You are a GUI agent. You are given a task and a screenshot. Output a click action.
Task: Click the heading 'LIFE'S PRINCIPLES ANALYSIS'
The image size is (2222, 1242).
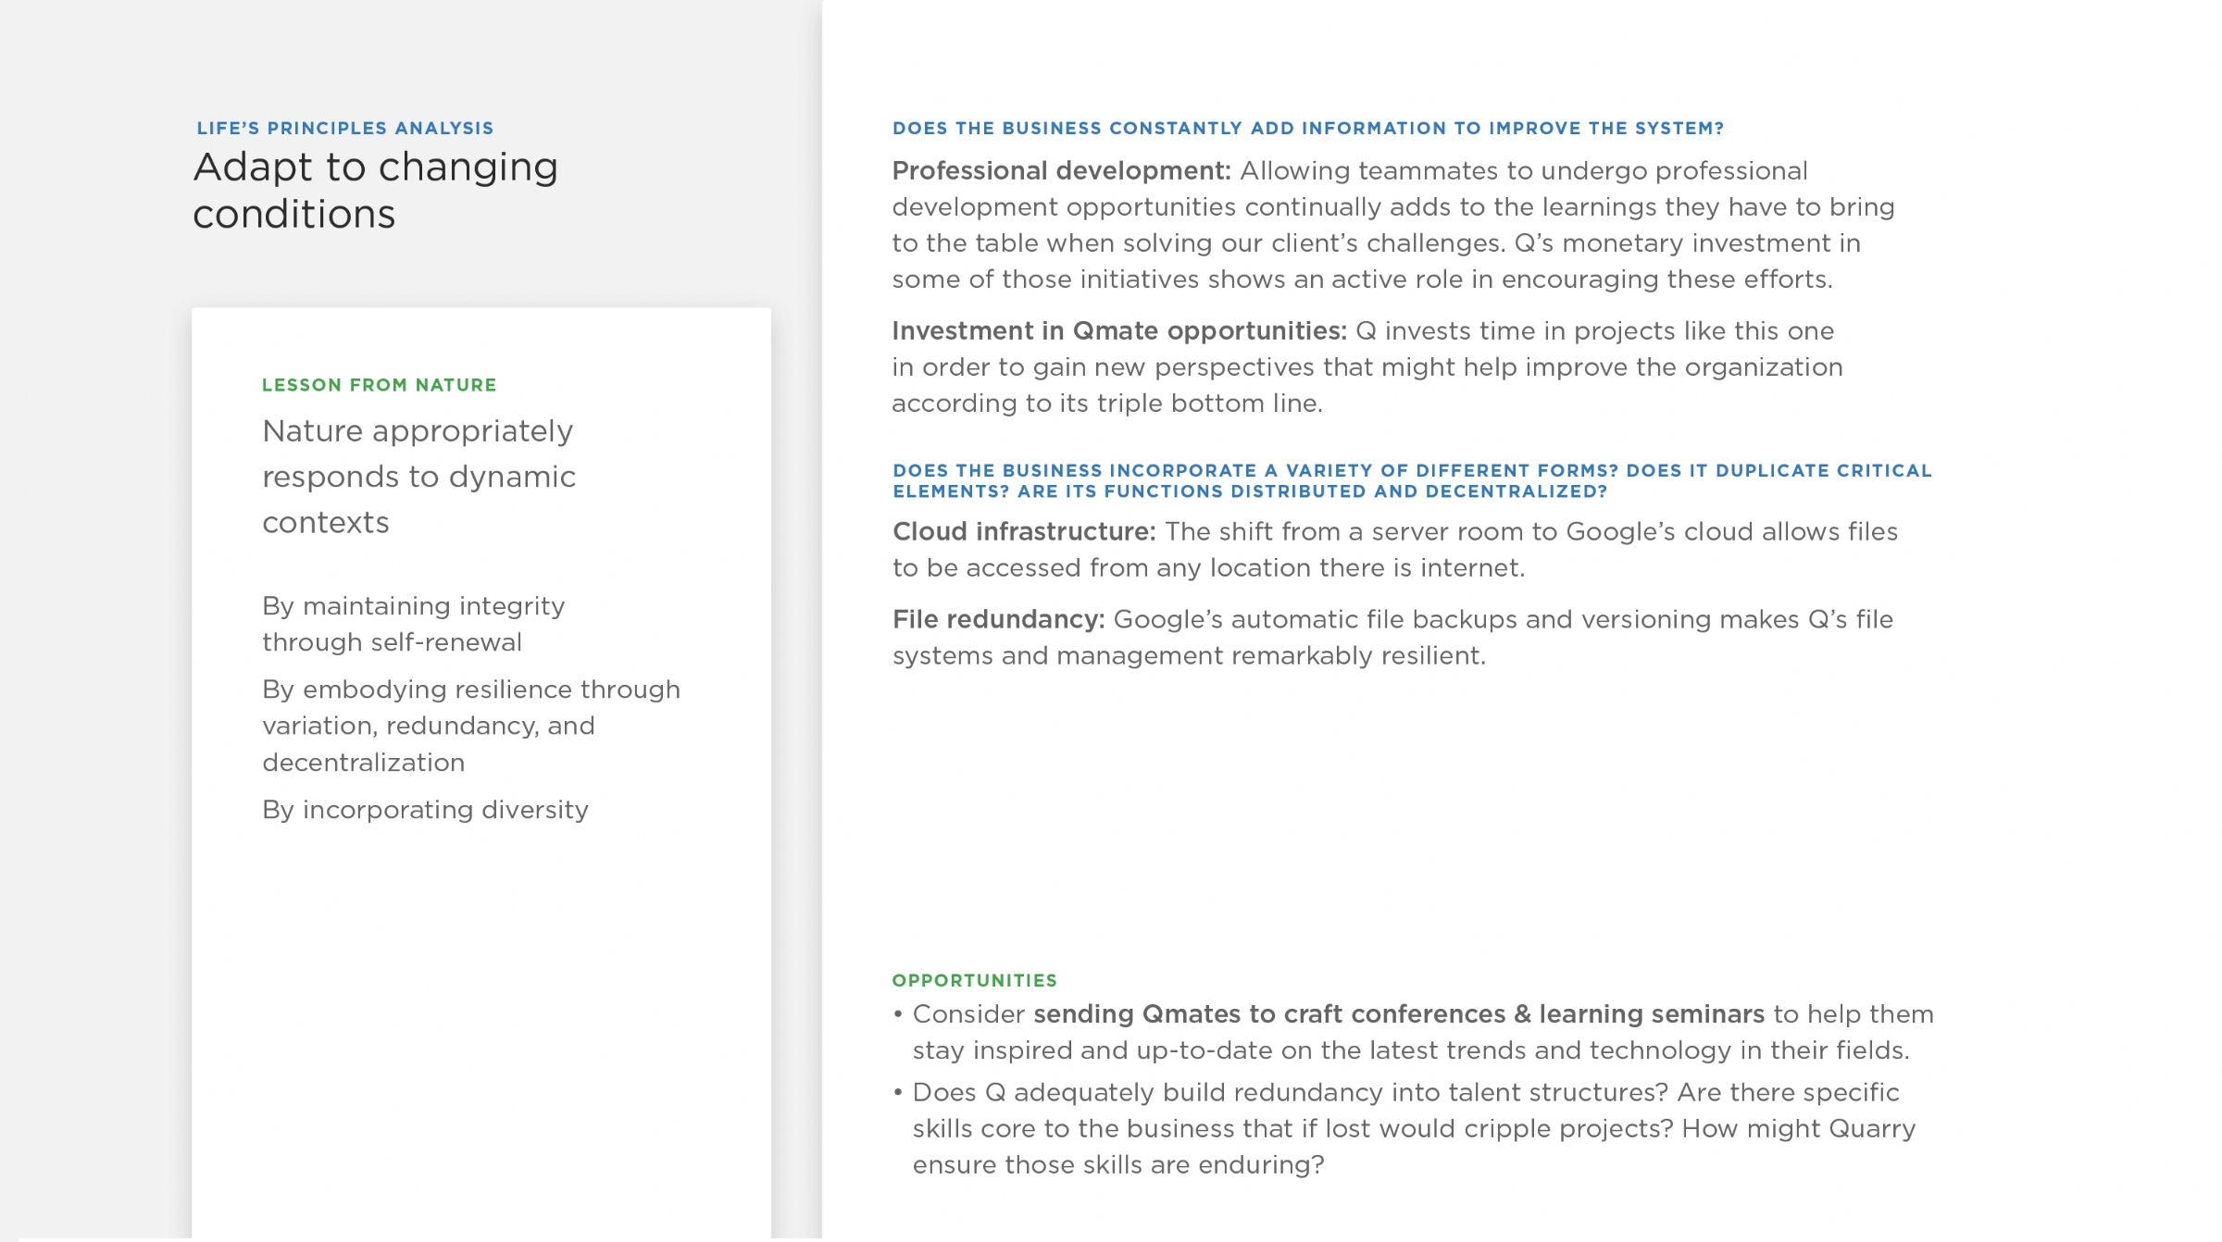coord(344,129)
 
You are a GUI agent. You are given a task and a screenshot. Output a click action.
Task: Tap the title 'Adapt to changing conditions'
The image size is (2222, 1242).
coord(375,191)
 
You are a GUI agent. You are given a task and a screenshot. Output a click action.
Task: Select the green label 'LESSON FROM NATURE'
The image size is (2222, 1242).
coord(379,385)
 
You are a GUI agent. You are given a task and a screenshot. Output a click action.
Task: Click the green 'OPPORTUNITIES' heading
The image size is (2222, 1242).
coord(974,980)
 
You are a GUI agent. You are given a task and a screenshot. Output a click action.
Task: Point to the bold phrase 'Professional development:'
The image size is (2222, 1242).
coord(1061,171)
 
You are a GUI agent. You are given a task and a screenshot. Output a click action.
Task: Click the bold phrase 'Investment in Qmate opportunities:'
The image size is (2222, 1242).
coord(1118,331)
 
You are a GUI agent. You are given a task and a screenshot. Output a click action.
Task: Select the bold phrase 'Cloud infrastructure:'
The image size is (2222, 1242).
coord(1024,532)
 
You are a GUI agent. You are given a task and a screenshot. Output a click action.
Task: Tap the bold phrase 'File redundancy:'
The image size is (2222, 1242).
coord(998,620)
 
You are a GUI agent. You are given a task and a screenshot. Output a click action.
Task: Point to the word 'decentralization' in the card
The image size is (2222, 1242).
coord(363,763)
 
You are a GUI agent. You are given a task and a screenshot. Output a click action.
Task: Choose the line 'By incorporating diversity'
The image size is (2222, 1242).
coord(425,810)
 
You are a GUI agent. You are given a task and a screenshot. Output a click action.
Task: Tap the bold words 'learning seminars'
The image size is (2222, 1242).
coord(1652,1014)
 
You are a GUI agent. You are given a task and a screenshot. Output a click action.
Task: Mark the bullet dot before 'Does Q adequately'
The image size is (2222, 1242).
coord(898,1093)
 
